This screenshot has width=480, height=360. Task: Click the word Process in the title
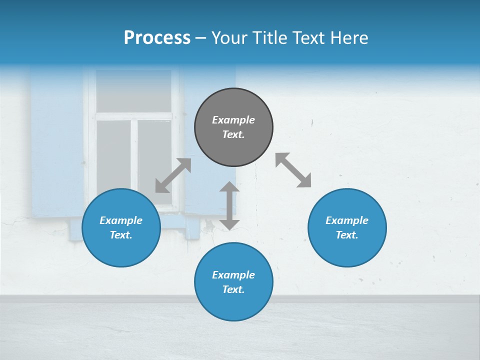point(157,37)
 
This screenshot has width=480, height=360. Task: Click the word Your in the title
point(229,37)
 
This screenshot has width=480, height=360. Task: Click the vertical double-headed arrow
point(229,205)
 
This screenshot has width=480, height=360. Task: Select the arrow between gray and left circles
point(173,175)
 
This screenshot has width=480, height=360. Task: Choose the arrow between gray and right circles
point(293,170)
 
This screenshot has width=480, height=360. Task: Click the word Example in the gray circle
point(233,120)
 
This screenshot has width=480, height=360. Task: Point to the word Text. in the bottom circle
point(233,289)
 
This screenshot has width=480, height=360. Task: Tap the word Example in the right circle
point(347,220)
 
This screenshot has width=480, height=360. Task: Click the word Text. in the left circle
point(121,235)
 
